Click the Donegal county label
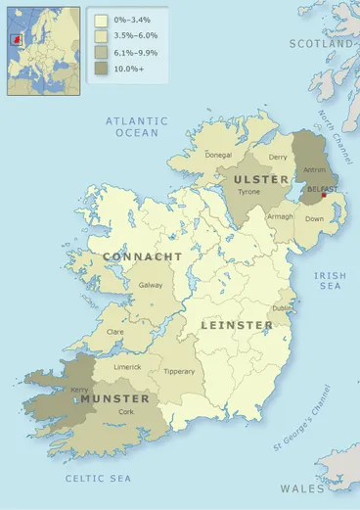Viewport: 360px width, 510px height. click(219, 156)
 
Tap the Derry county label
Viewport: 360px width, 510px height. click(279, 157)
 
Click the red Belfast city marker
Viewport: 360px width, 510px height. click(324, 195)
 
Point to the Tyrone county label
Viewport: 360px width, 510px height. click(251, 193)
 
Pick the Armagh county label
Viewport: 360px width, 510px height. click(281, 216)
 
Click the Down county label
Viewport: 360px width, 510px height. click(315, 218)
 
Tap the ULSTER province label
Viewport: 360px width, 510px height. click(261, 179)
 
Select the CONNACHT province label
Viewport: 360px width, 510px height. click(143, 256)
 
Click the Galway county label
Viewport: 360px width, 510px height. click(151, 285)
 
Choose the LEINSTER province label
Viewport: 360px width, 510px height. click(237, 324)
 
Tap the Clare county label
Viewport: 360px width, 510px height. click(114, 332)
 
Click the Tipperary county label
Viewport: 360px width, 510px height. click(179, 371)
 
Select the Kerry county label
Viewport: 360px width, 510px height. click(80, 389)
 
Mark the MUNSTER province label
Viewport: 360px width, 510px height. click(115, 399)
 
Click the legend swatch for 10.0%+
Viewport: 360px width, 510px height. click(100, 70)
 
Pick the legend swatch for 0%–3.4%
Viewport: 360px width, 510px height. click(100, 20)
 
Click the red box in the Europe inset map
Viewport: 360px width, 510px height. click(16, 40)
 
